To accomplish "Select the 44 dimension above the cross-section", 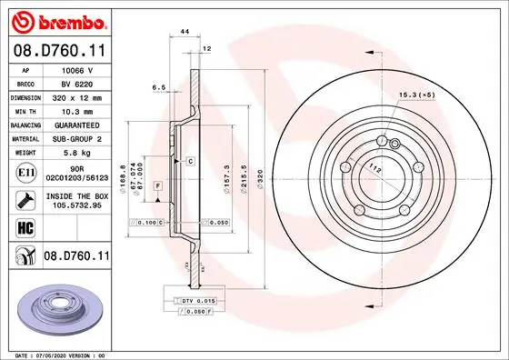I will click(185, 31).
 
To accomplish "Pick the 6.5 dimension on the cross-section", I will click(157, 88).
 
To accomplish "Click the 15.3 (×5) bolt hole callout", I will click(416, 95).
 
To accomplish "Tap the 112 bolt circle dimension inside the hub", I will click(373, 167).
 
